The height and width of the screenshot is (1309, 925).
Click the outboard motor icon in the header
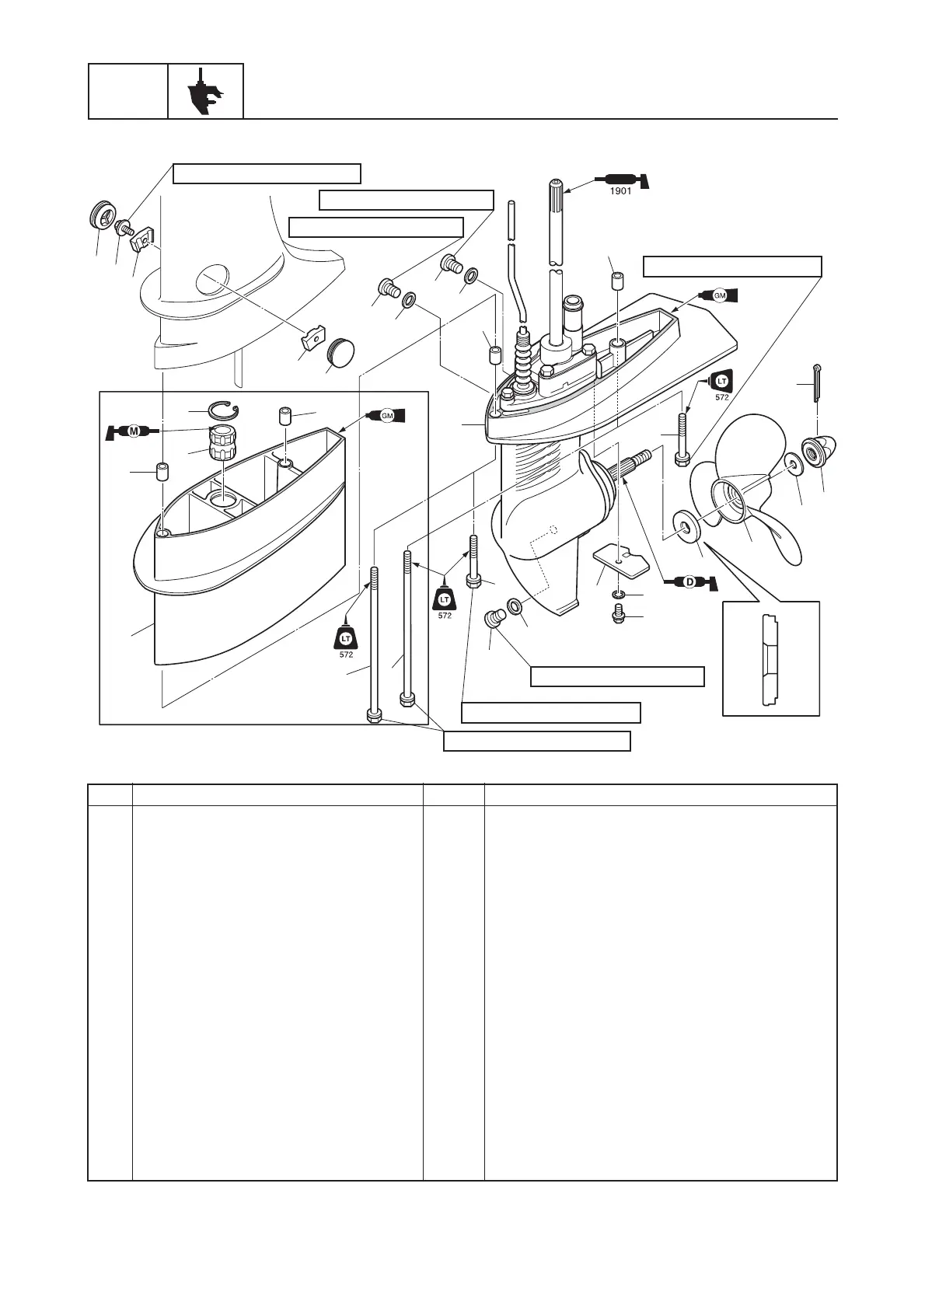coord(205,92)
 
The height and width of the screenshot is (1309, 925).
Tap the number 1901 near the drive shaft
coord(620,192)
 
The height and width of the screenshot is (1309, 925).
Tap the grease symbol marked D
coord(687,581)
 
